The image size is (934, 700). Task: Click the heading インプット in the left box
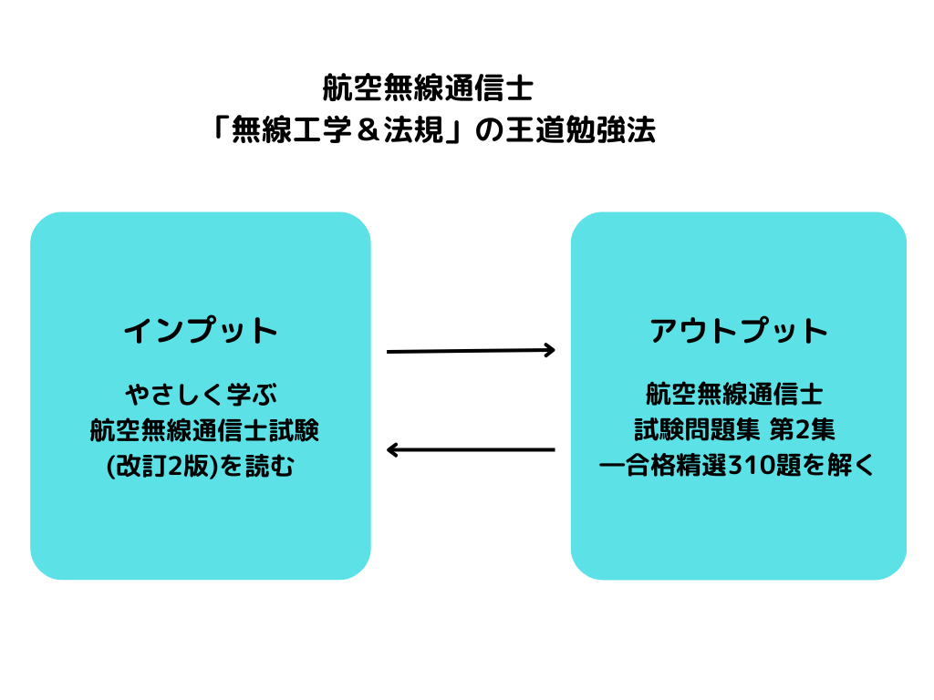pos(201,330)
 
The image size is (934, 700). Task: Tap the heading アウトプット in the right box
pos(739,330)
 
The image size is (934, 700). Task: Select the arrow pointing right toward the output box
pos(471,351)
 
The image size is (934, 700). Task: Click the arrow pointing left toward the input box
pos(471,449)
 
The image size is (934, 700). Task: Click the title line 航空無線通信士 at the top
pos(428,88)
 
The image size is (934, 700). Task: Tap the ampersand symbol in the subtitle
pos(368,129)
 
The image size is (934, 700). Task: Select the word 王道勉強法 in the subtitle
pos(581,129)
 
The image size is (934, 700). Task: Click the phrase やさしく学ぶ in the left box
pos(202,394)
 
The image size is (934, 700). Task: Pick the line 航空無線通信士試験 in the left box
pos(204,430)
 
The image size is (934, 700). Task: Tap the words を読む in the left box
pos(258,466)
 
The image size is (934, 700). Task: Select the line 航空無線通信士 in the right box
pos(734,394)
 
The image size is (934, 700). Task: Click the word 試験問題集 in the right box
pos(697,430)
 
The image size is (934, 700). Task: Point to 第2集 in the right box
pos(803,430)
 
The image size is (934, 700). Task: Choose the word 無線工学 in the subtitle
pos(291,129)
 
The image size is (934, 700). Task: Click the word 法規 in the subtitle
pos(414,129)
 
